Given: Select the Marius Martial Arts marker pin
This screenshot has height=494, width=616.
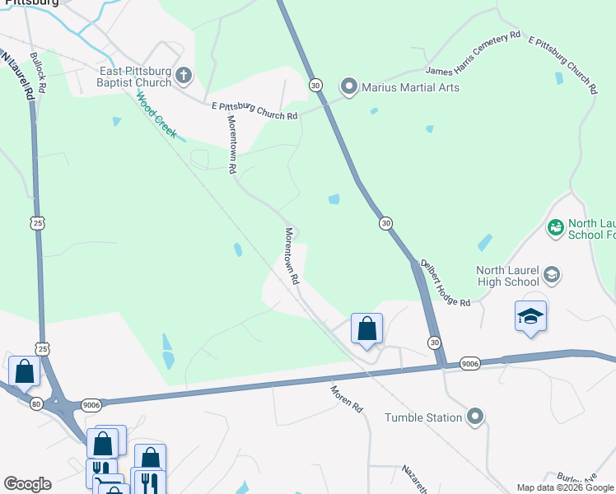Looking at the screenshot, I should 349,86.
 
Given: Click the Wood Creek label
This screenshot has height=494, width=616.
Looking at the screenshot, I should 156,114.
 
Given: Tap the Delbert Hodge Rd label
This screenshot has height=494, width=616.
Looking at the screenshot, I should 445,284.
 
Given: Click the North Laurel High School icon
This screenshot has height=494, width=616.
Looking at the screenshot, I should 551,275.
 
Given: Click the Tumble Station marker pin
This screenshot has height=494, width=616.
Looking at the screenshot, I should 474,417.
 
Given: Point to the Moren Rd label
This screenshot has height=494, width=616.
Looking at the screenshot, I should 347,399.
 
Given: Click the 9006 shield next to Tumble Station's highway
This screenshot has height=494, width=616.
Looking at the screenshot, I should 470,363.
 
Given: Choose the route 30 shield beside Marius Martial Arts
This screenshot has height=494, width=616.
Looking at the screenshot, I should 315,86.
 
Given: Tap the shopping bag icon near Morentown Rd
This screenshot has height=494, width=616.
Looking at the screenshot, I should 366,329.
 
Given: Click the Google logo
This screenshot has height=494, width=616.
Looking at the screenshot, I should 27,484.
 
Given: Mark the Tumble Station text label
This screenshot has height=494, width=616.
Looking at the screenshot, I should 423,417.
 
